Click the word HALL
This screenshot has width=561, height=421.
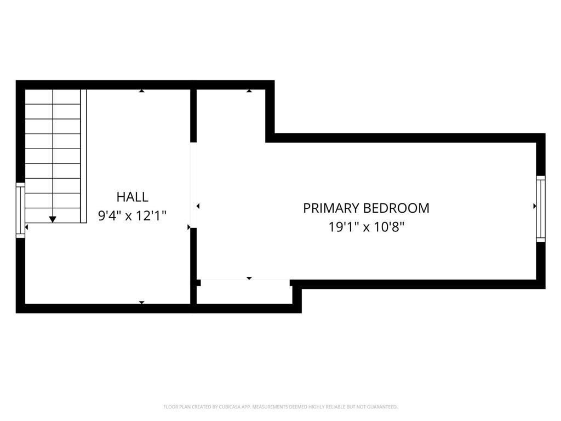(132, 197)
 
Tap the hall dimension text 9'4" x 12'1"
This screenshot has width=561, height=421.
(132, 215)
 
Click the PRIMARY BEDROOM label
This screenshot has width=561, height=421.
(366, 208)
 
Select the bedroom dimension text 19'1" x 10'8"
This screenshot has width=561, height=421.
(367, 227)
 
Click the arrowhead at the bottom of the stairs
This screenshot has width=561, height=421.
(53, 219)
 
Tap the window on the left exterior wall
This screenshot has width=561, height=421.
(20, 210)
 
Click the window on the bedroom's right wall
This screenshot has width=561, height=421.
(541, 209)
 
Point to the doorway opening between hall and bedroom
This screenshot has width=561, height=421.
(193, 185)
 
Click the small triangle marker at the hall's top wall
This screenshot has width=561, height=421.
(142, 91)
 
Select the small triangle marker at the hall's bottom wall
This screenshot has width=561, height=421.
(142, 303)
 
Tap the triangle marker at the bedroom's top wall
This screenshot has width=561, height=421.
(249, 91)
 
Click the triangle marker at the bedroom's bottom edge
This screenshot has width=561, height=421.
(249, 278)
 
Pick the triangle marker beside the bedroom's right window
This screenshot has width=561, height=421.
(535, 206)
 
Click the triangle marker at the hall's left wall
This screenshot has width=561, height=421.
(26, 227)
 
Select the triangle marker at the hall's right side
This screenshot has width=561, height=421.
(189, 227)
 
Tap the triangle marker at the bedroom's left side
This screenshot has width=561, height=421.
(198, 206)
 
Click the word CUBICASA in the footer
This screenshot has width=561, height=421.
(230, 407)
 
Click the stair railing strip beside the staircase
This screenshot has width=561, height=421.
(84, 156)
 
